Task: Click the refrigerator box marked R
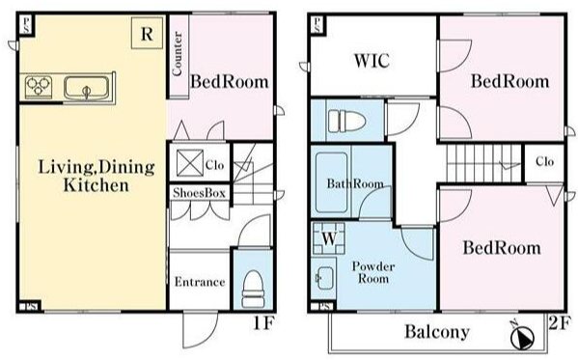(x=147, y=33)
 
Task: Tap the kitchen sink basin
(x=87, y=88)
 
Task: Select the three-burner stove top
(x=39, y=87)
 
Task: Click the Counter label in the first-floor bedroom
(x=177, y=54)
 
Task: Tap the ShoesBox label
(x=199, y=192)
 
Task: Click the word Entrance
(x=200, y=282)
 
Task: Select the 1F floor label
(x=264, y=323)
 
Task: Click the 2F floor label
(x=560, y=323)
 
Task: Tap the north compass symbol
(x=522, y=337)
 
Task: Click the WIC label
(x=372, y=61)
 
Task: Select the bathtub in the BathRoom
(x=331, y=182)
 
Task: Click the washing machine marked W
(x=329, y=238)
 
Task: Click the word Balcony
(x=437, y=332)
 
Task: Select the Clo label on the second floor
(x=544, y=161)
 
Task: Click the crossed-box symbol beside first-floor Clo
(x=190, y=163)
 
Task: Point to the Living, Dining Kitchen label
(x=96, y=176)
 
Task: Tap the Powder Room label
(x=373, y=272)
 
